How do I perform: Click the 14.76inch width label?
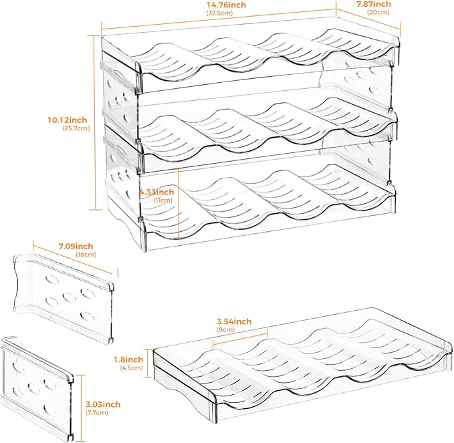click(x=226, y=5)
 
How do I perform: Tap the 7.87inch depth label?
click(x=374, y=4)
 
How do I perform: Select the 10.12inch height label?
click(x=67, y=120)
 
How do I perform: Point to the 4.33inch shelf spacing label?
click(x=156, y=192)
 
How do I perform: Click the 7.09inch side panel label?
click(x=76, y=247)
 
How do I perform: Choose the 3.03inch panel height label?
click(x=103, y=404)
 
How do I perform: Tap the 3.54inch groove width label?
click(x=234, y=321)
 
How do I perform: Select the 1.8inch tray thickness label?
click(x=128, y=359)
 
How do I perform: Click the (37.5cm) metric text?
click(x=219, y=13)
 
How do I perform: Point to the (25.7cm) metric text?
click(x=76, y=128)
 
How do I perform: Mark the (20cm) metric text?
click(x=378, y=12)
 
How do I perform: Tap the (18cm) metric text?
click(x=86, y=255)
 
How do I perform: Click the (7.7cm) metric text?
click(x=97, y=412)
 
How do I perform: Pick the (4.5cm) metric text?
click(x=132, y=367)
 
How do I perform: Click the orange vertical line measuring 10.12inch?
click(x=95, y=122)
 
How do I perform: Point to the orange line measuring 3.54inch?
click(x=240, y=337)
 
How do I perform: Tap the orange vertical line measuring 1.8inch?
click(x=148, y=363)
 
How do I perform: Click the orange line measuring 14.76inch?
click(x=219, y=19)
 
